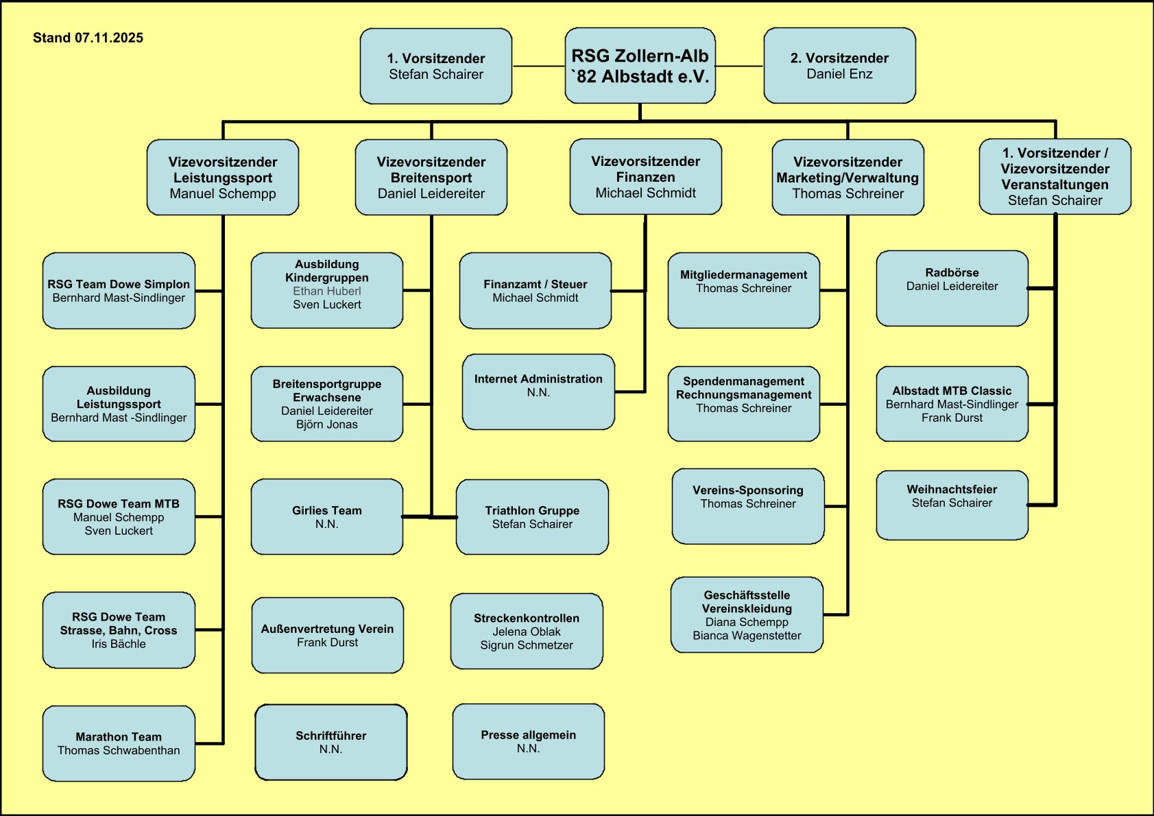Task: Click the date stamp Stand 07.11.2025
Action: (88, 38)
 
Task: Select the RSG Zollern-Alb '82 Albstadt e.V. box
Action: (640, 66)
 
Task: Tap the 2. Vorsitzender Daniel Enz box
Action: (839, 66)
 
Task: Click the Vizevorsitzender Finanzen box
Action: (645, 177)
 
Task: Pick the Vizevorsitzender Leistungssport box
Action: (223, 178)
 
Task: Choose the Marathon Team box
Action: (119, 743)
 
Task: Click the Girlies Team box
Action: (327, 516)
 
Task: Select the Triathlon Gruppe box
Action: (532, 516)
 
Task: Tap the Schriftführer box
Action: (330, 742)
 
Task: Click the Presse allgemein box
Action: (528, 741)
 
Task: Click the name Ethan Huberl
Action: (327, 291)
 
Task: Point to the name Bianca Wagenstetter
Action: (747, 636)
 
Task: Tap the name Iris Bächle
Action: (119, 644)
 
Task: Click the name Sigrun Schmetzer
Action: (527, 645)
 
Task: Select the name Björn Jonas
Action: (327, 424)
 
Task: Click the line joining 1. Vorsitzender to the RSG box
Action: (538, 67)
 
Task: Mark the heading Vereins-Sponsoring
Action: (747, 490)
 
